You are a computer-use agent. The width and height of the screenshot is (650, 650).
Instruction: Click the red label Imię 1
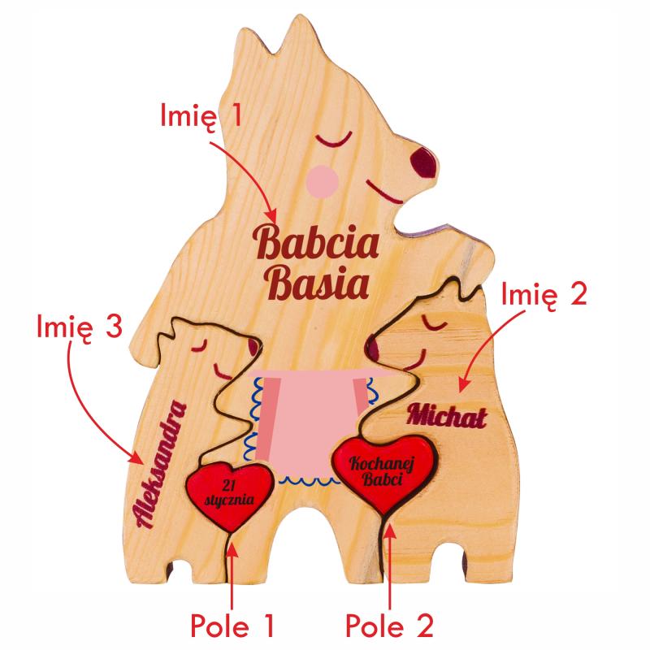[x=201, y=116]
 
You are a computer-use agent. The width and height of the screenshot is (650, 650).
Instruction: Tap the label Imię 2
[x=544, y=293]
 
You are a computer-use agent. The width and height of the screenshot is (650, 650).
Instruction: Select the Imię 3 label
[x=80, y=327]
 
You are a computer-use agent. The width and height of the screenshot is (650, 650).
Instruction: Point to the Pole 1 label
[x=232, y=626]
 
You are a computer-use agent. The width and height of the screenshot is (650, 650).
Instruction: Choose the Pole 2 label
[x=389, y=626]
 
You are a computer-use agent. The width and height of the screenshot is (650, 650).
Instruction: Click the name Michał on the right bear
[x=447, y=416]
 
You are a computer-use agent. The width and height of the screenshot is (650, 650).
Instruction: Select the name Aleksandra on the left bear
[x=161, y=464]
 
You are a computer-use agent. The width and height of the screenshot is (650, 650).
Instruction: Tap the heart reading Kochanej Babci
[x=384, y=474]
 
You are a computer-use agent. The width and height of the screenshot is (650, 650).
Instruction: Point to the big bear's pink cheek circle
[x=322, y=180]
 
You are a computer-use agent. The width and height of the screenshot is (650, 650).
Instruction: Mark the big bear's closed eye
[x=334, y=140]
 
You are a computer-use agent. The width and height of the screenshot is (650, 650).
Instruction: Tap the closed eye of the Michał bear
[x=435, y=323]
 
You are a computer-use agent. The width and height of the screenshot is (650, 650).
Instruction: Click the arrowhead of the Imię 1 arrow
[x=271, y=216]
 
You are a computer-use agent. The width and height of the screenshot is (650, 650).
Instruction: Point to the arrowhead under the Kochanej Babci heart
[x=390, y=531]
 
